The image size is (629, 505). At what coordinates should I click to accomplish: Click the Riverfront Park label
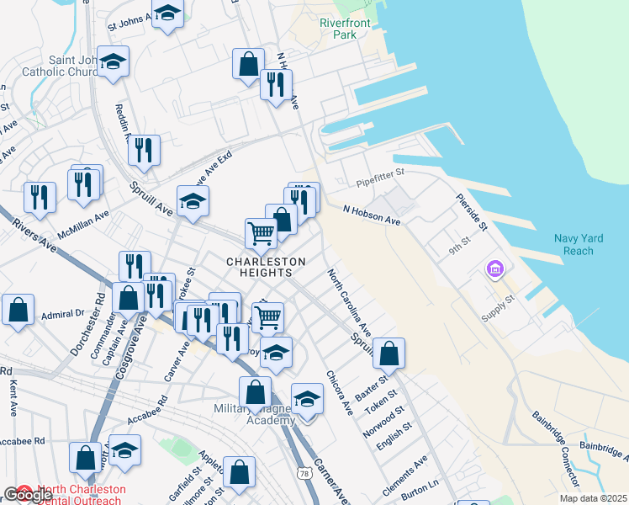[x=345, y=29]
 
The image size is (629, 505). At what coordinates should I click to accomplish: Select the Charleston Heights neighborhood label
[x=259, y=267]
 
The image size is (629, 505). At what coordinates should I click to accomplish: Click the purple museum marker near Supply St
[x=494, y=270]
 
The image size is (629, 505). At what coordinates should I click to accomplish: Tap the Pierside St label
[x=471, y=213]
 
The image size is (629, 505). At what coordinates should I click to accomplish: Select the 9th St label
[x=457, y=249]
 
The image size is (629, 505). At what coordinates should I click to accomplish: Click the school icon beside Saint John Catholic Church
[x=112, y=62]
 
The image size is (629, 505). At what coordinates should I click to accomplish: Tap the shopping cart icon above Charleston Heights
[x=262, y=232]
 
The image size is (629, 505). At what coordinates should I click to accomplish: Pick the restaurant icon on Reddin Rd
[x=144, y=150]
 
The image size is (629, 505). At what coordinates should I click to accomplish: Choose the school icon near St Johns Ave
[x=168, y=13]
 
